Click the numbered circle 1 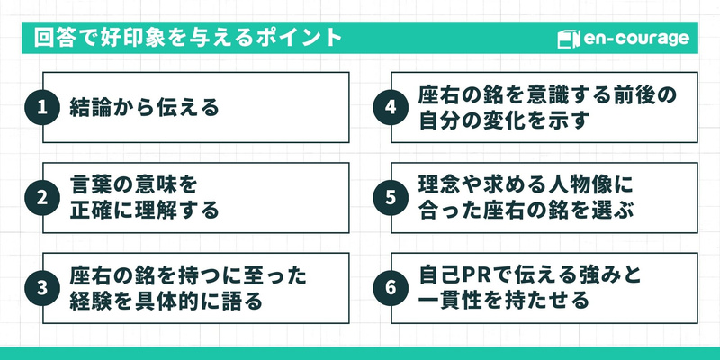41,108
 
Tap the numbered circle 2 41,199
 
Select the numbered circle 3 41,288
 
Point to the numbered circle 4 390,108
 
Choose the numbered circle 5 390,199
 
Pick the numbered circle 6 390,288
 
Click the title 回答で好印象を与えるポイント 188,39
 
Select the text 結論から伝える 145,109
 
